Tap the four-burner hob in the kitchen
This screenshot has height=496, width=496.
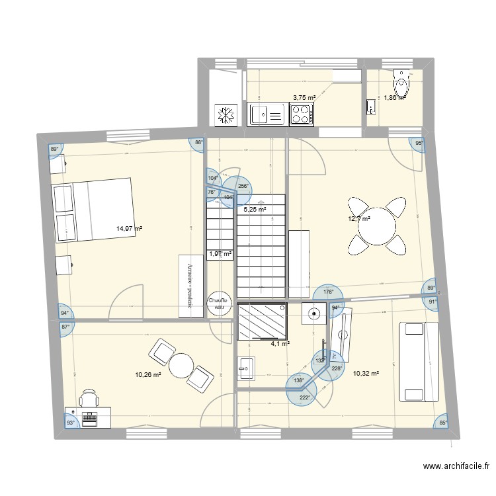[301, 114]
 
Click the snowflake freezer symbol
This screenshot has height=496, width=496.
[226, 115]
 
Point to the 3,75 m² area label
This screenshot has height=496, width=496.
[304, 97]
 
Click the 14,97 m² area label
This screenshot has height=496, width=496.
[130, 229]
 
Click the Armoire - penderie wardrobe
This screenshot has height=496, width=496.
[190, 286]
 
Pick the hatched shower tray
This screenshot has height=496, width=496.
[261, 322]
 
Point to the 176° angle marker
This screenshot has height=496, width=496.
[329, 292]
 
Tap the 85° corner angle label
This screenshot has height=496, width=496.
[442, 423]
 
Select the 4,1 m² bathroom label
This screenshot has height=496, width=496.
[280, 344]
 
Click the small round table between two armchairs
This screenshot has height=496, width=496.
[180, 364]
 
